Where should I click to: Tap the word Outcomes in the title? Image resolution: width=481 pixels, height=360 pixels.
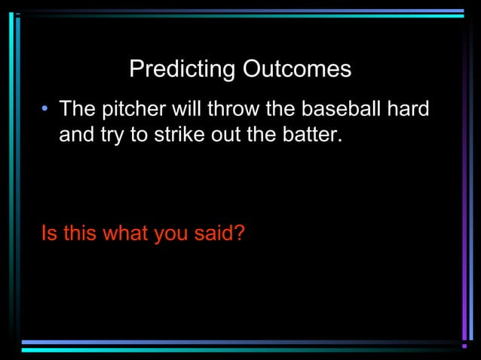click(x=296, y=70)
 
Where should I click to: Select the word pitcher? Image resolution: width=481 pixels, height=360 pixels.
click(x=133, y=109)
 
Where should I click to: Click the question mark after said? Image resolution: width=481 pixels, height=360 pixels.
click(x=239, y=233)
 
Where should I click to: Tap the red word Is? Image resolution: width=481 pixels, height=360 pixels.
click(x=49, y=233)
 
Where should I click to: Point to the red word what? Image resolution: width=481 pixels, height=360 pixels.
click(x=125, y=233)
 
